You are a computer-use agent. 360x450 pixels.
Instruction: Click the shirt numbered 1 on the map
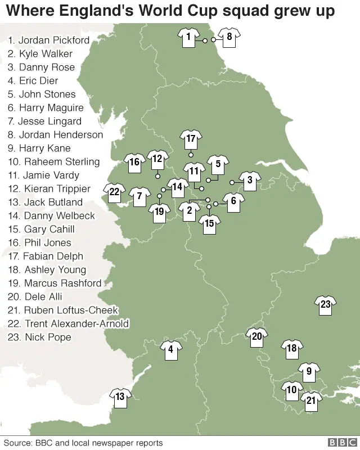point(188,38)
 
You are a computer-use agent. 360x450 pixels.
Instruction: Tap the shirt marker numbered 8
point(229,38)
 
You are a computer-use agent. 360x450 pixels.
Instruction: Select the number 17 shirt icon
point(191,138)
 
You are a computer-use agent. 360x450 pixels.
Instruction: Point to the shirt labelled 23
point(326,305)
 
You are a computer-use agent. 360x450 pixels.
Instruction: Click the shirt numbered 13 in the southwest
point(120,397)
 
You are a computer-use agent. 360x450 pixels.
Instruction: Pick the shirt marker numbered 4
point(170,350)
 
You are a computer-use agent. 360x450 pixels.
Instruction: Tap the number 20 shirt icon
point(256,337)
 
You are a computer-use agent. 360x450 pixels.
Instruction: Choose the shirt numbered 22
point(114,192)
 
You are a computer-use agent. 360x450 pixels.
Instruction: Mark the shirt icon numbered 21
point(311,400)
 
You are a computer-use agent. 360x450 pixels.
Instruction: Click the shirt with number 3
point(250,181)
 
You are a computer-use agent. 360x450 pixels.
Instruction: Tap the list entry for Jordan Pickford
point(48,40)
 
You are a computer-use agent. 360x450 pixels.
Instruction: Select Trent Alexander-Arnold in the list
point(69,324)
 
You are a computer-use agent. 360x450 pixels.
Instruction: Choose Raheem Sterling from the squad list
point(53,162)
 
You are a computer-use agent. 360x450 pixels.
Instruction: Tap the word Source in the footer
point(17,443)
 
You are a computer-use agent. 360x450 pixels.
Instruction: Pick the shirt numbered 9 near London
point(309,371)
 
